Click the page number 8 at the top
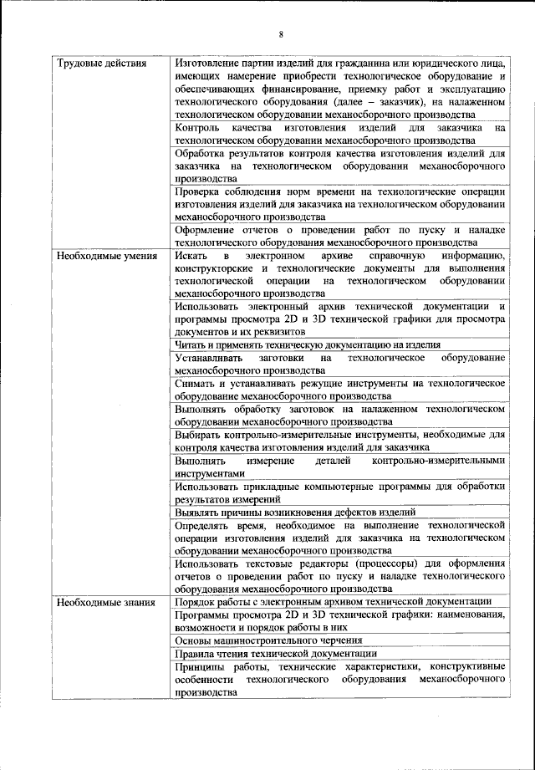click(281, 34)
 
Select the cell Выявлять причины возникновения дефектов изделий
click(296, 512)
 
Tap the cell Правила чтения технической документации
click(276, 653)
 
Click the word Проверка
click(198, 191)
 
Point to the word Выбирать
click(199, 435)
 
